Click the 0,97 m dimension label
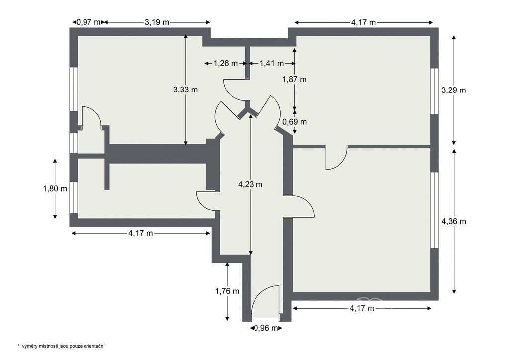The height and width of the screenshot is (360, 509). coord(88,22)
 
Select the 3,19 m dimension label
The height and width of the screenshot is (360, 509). coord(157,22)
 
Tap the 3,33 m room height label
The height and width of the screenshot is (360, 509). coord(186,90)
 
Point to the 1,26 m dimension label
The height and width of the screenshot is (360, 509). coord(226,63)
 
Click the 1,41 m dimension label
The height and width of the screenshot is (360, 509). coord(272,63)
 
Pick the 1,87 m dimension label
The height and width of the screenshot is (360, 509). coord(294,79)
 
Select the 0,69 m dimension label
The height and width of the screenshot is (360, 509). coord(294,122)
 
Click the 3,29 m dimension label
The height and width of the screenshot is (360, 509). coord(454,90)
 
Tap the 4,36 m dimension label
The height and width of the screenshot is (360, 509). coord(454,221)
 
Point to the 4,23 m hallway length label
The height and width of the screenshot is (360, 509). coord(251,184)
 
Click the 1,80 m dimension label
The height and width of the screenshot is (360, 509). coord(55,188)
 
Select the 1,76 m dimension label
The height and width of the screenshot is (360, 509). coord(227,291)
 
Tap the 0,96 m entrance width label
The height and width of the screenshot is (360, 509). coord(266,328)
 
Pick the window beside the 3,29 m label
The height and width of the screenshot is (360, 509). coord(434,91)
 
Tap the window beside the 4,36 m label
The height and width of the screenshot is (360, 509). coord(434,210)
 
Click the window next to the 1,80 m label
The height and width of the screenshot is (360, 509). coord(74,198)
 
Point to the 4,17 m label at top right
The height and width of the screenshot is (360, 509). coord(363,22)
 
